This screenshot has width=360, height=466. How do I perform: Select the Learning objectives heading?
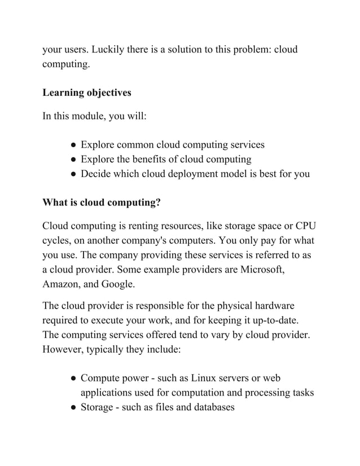pos(87,92)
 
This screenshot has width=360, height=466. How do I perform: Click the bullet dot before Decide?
pos(74,174)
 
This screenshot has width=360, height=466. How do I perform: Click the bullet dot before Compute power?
pos(74,378)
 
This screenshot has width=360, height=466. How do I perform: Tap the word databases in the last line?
pos(209,407)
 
